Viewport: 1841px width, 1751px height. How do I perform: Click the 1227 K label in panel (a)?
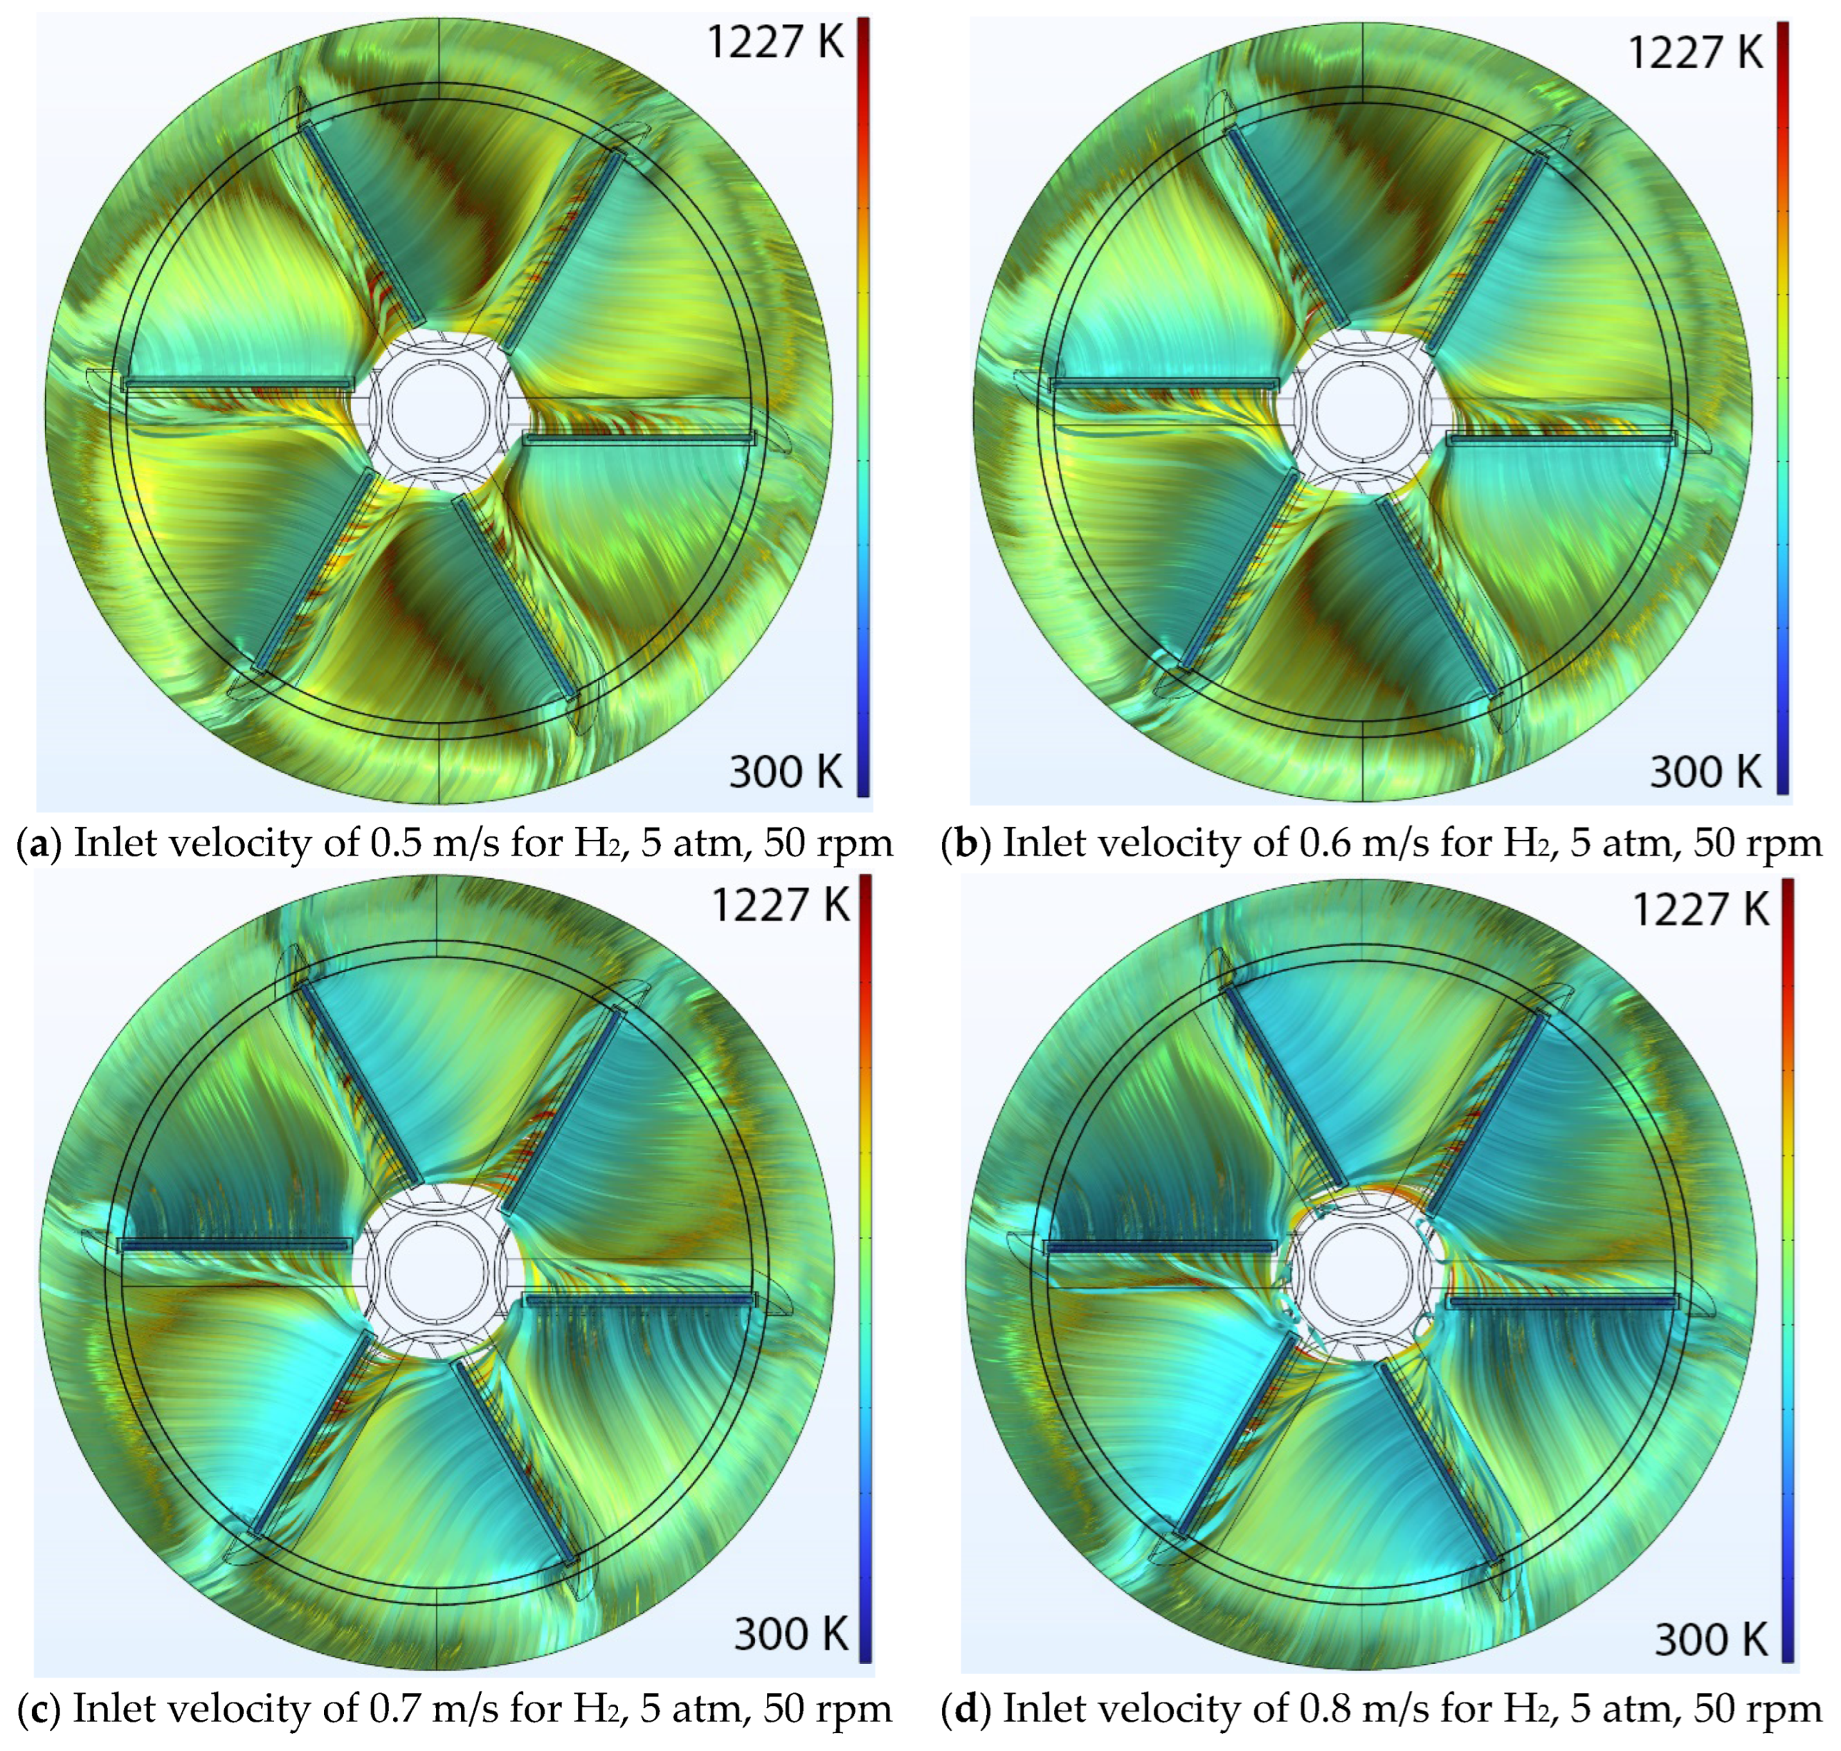(x=775, y=43)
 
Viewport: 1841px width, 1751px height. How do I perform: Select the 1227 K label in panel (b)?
(x=1696, y=53)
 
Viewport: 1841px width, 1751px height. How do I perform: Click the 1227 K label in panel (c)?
(x=781, y=904)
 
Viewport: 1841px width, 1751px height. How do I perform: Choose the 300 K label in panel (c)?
(x=791, y=1634)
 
